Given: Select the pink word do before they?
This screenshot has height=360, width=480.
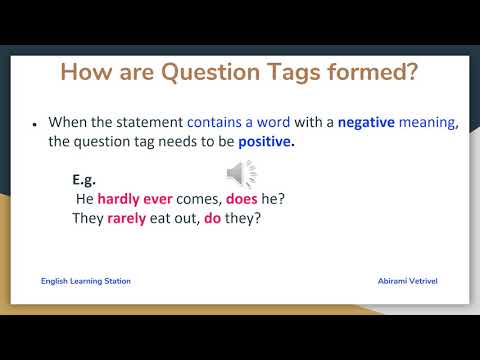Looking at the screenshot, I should tap(212, 217).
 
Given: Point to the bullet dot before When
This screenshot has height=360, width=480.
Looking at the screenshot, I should tap(35, 124).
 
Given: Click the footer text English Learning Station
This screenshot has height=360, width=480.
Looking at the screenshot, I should tap(86, 281).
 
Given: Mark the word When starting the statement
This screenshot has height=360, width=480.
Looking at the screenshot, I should tap(67, 122).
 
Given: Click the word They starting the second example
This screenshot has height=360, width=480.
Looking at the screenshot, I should tap(88, 217).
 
